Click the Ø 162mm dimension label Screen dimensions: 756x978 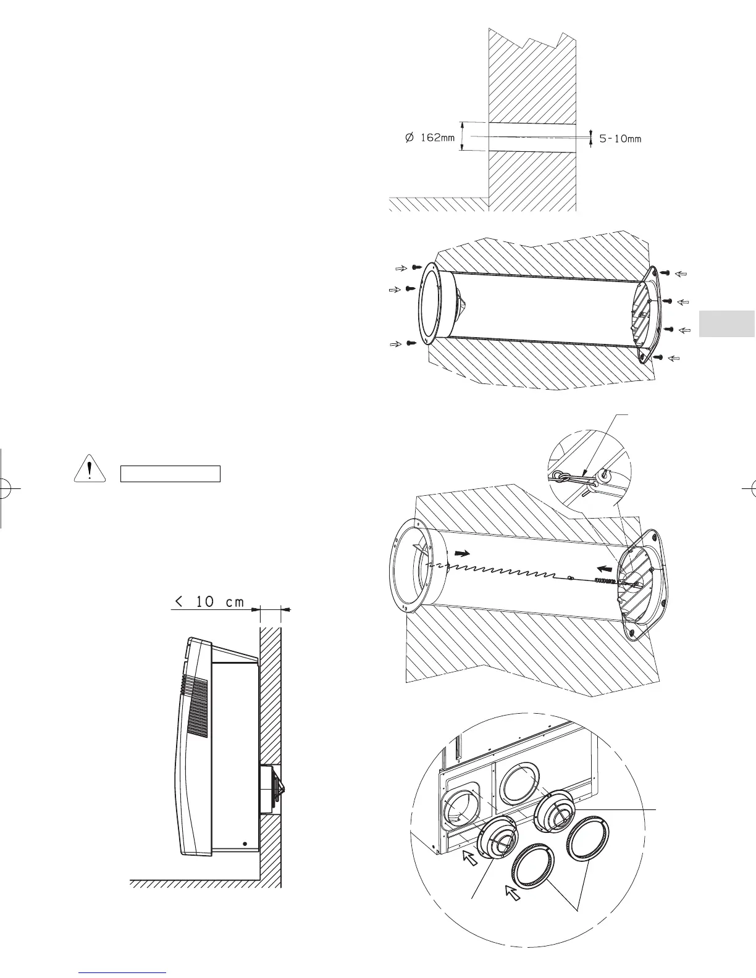(429, 138)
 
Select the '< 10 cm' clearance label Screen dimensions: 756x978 (210, 602)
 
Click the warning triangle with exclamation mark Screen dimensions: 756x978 (90, 470)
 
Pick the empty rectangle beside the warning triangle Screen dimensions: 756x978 (170, 474)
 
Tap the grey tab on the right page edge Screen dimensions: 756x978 (728, 324)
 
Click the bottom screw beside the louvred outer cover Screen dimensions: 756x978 (658, 357)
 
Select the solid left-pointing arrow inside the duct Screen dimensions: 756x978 (607, 564)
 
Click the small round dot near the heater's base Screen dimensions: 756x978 (245, 843)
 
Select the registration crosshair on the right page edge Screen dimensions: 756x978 (751, 488)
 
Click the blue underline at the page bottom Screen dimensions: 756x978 (124, 972)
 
